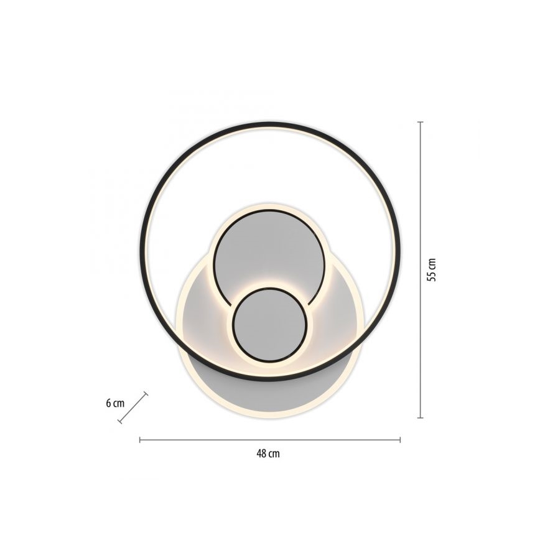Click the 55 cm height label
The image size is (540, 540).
point(432,269)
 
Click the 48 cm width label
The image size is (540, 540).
point(268,454)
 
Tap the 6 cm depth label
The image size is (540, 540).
point(114,403)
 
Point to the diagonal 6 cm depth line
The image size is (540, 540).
point(133,407)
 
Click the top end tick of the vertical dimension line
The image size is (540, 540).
point(421,122)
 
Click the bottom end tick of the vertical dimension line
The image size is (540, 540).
point(421,417)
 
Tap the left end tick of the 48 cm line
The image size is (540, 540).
point(140,440)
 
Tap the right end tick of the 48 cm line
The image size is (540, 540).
point(400,440)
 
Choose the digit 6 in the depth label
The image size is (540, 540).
point(108,403)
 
